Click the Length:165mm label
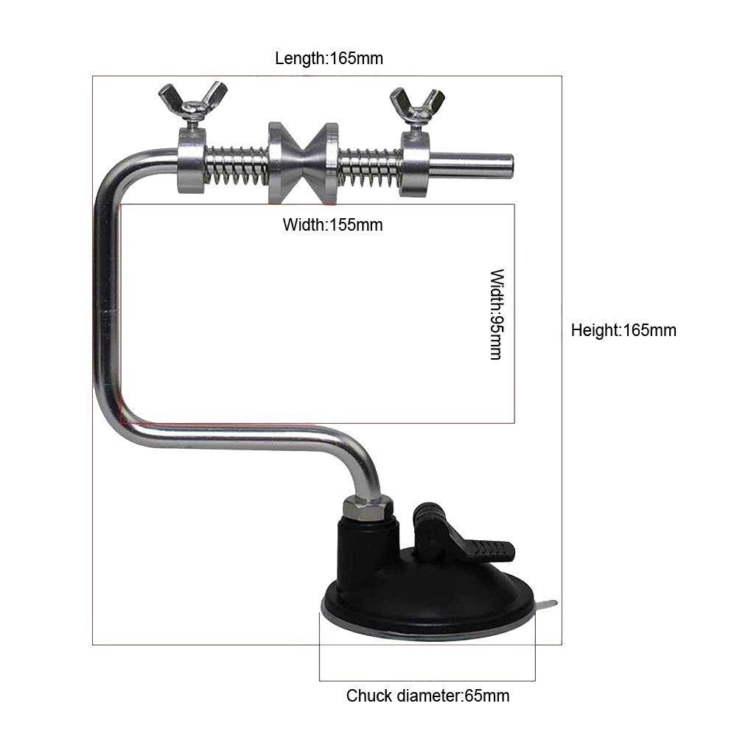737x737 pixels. (x=329, y=58)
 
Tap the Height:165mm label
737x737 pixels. (x=624, y=330)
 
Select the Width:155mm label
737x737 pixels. (x=332, y=225)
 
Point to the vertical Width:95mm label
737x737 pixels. (x=496, y=314)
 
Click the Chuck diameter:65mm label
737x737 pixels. (x=427, y=695)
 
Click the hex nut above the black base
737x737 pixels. (x=366, y=507)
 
